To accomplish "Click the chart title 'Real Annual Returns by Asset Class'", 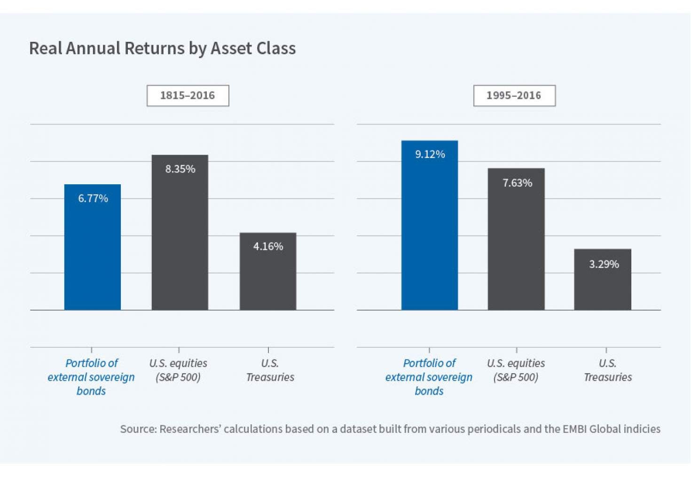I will pos(162,48).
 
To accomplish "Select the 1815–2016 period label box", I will pos(188,95).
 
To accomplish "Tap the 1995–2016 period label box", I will pos(514,95).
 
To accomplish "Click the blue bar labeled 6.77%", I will pos(93,254).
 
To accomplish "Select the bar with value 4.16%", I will pos(268,277).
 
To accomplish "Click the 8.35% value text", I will pos(180,169).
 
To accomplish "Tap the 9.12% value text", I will pos(430,154).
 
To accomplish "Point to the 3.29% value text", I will pos(604,264).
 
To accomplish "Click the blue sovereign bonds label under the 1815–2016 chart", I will pos(91,377).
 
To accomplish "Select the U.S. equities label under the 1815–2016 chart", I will pos(178,370).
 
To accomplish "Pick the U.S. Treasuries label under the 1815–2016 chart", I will pos(270,370).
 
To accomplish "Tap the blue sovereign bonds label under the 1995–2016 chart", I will pos(429,377).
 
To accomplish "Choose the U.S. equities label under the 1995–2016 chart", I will pos(516,370).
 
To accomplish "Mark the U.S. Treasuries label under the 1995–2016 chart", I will pos(607,370).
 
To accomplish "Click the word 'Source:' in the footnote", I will pos(138,429).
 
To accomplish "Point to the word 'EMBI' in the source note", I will pos(574,429).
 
